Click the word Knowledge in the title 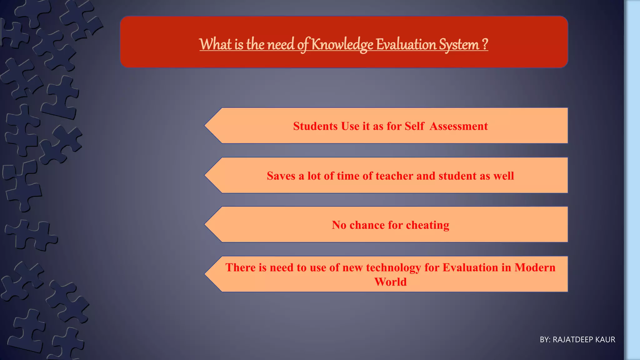[x=342, y=44]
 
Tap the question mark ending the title [x=485, y=44]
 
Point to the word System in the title [x=459, y=44]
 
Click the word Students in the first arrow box [x=315, y=126]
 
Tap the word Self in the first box [x=414, y=126]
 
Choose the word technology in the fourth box [x=393, y=267]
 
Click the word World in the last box [x=391, y=282]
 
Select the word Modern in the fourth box [x=535, y=267]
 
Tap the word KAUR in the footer [x=605, y=340]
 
